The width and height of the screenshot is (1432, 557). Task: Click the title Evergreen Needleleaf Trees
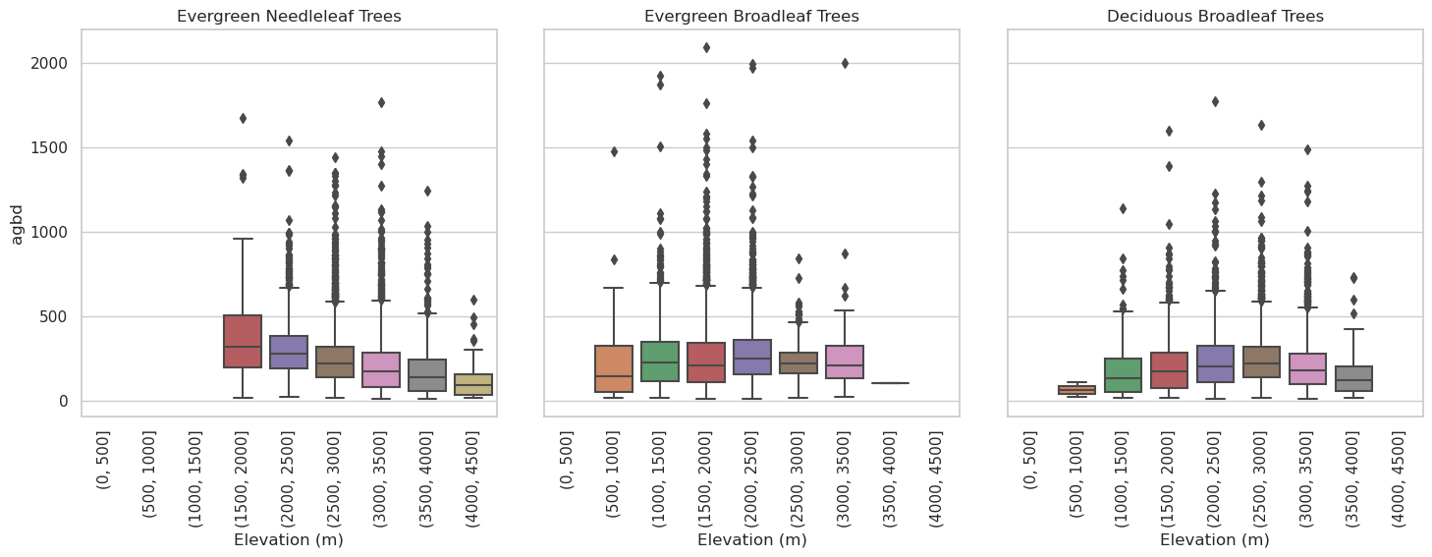click(289, 16)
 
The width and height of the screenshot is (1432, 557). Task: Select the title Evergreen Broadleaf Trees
click(751, 16)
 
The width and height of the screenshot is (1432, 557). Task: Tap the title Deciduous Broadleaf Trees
click(1215, 16)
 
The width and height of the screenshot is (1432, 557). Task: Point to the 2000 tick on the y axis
click(48, 63)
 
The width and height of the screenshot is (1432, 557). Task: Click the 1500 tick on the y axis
click(48, 147)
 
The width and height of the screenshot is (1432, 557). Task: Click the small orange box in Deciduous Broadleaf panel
click(1076, 390)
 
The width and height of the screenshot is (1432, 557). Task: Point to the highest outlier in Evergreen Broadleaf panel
click(706, 47)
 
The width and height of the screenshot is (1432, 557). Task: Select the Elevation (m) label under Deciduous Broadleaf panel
click(1215, 539)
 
